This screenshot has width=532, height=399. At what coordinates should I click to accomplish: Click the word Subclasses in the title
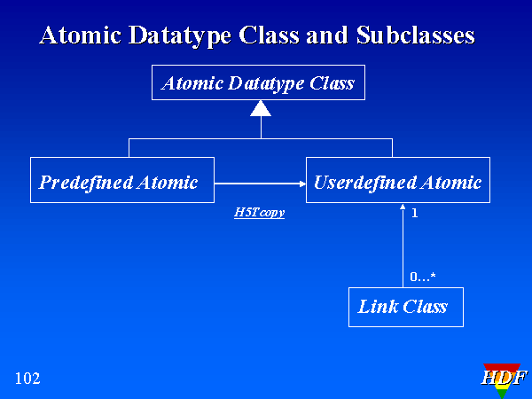coord(416,35)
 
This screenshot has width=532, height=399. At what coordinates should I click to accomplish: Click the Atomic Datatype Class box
coord(258,84)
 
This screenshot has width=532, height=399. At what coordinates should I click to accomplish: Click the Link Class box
coord(405,307)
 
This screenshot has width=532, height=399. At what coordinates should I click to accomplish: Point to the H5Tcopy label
coord(259,213)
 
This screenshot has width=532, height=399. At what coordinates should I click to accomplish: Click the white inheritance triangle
coord(260,109)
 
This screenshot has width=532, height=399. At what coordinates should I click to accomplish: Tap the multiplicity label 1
coord(415,214)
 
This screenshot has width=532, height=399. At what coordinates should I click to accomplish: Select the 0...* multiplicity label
coord(422,278)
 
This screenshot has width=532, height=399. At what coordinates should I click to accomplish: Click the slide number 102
coord(27,379)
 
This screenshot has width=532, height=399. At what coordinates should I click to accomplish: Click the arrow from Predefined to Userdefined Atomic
coord(259,184)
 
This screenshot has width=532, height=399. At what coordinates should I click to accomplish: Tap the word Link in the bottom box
coord(376,307)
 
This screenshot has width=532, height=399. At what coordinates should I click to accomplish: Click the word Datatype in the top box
coord(262,84)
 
